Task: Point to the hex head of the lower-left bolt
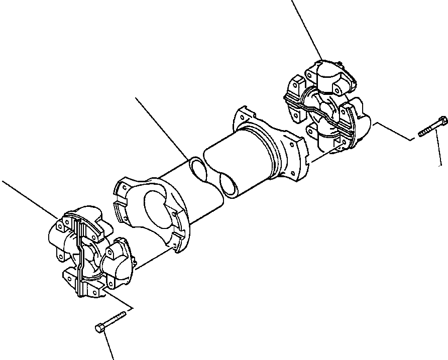(99, 328)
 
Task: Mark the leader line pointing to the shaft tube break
(161, 126)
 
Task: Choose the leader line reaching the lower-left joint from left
(30, 198)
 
